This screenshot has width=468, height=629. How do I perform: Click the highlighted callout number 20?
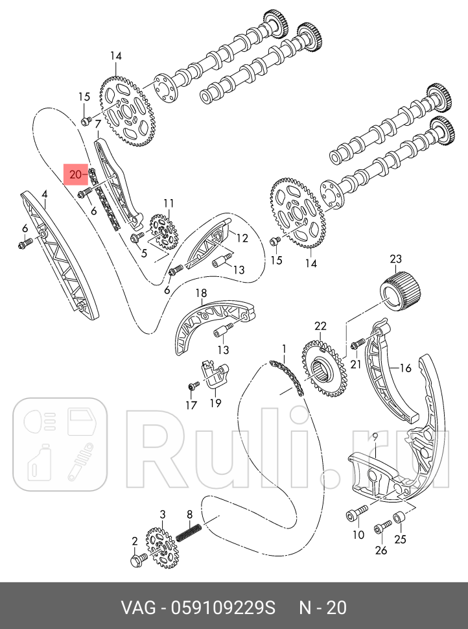[x=76, y=174]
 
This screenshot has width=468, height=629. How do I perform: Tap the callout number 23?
[x=396, y=260]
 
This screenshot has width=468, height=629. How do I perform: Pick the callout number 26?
[x=381, y=550]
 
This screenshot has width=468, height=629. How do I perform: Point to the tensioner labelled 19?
[x=214, y=377]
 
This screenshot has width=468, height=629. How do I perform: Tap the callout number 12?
[x=242, y=238]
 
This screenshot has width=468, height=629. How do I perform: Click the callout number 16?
[x=405, y=368]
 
